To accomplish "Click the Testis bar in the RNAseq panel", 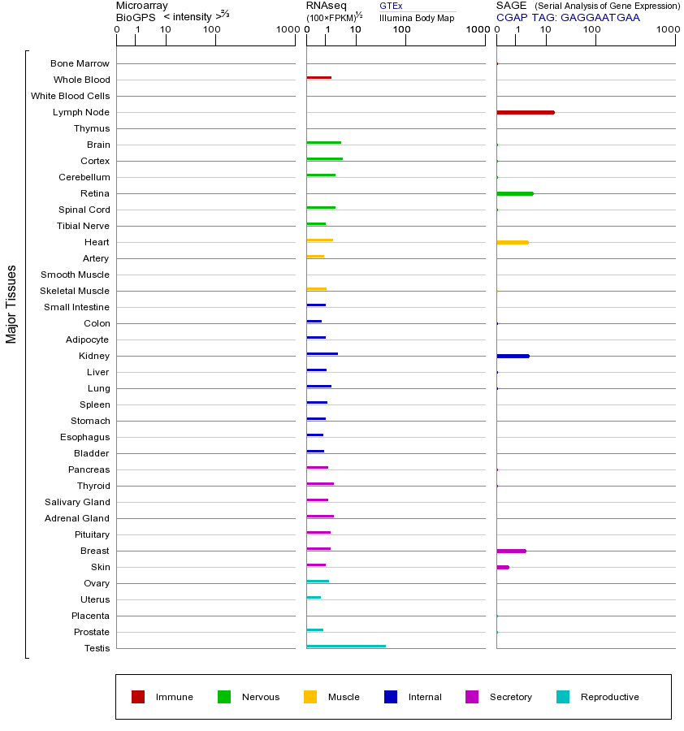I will tap(346, 646).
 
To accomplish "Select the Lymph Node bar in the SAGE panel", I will tap(525, 112).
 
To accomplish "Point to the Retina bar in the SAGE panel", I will tap(514, 193).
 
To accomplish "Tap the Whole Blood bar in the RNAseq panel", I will tap(318, 77).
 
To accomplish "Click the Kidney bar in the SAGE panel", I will tap(513, 356).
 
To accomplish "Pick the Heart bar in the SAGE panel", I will tap(512, 242).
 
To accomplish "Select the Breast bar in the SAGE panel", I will tap(511, 551).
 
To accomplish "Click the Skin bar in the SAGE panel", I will tap(503, 567).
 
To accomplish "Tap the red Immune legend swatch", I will tap(138, 697).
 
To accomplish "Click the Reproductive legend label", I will tap(609, 697).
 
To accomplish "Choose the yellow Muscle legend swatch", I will tap(310, 697).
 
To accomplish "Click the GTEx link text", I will tap(391, 6).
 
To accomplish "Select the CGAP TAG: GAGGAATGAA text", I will tap(568, 17).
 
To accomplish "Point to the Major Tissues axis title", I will tap(11, 304).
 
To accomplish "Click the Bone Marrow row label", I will tap(80, 63).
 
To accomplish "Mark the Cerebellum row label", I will tap(84, 177).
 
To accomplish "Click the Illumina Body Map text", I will tap(417, 18).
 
